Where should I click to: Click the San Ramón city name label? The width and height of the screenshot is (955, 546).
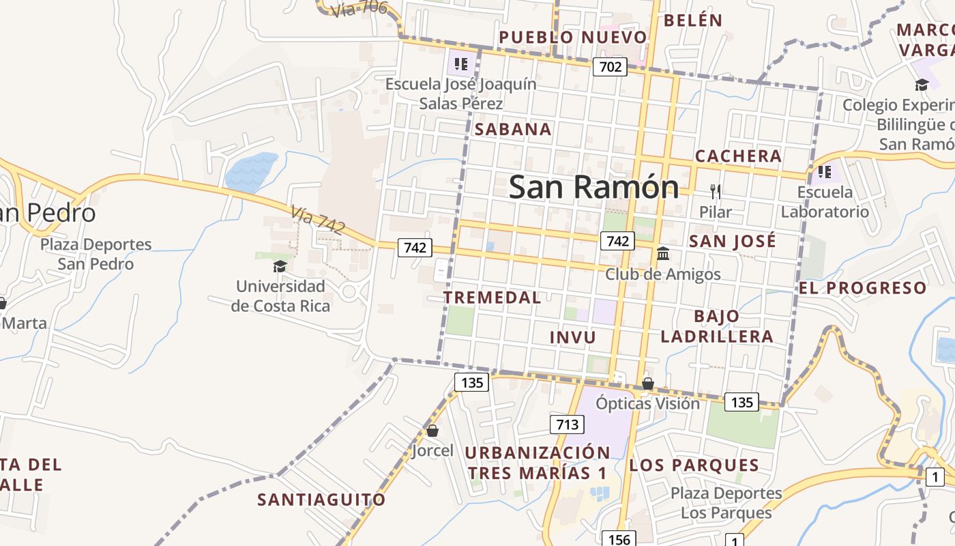point(593,187)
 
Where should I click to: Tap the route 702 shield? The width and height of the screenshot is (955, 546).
point(609,66)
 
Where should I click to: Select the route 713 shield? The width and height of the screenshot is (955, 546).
point(567,425)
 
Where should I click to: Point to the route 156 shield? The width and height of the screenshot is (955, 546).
point(619,539)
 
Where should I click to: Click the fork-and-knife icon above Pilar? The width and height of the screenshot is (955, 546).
point(716,191)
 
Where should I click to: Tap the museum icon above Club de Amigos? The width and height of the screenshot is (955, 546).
point(662,254)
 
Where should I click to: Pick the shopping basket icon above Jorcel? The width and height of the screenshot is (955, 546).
point(432,431)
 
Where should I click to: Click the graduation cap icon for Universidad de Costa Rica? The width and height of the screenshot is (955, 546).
point(280,266)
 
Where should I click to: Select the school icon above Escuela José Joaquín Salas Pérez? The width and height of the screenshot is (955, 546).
point(461,64)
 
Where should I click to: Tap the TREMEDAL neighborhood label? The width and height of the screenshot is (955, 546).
point(492,298)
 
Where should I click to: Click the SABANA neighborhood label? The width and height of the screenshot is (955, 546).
point(513,129)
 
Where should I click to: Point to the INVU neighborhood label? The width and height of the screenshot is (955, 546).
point(572,337)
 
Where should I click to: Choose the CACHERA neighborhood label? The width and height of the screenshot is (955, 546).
point(738,156)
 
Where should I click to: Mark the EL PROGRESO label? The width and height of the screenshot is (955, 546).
point(862,288)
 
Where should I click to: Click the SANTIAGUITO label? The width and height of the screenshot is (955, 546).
point(321,500)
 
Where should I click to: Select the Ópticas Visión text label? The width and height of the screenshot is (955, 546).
point(647,403)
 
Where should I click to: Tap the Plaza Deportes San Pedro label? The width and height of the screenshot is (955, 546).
point(95,254)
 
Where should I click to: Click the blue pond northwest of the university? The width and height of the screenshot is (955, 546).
point(250,171)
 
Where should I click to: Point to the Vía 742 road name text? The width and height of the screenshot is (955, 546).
point(317,220)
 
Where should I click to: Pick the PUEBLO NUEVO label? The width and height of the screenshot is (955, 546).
point(572,37)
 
